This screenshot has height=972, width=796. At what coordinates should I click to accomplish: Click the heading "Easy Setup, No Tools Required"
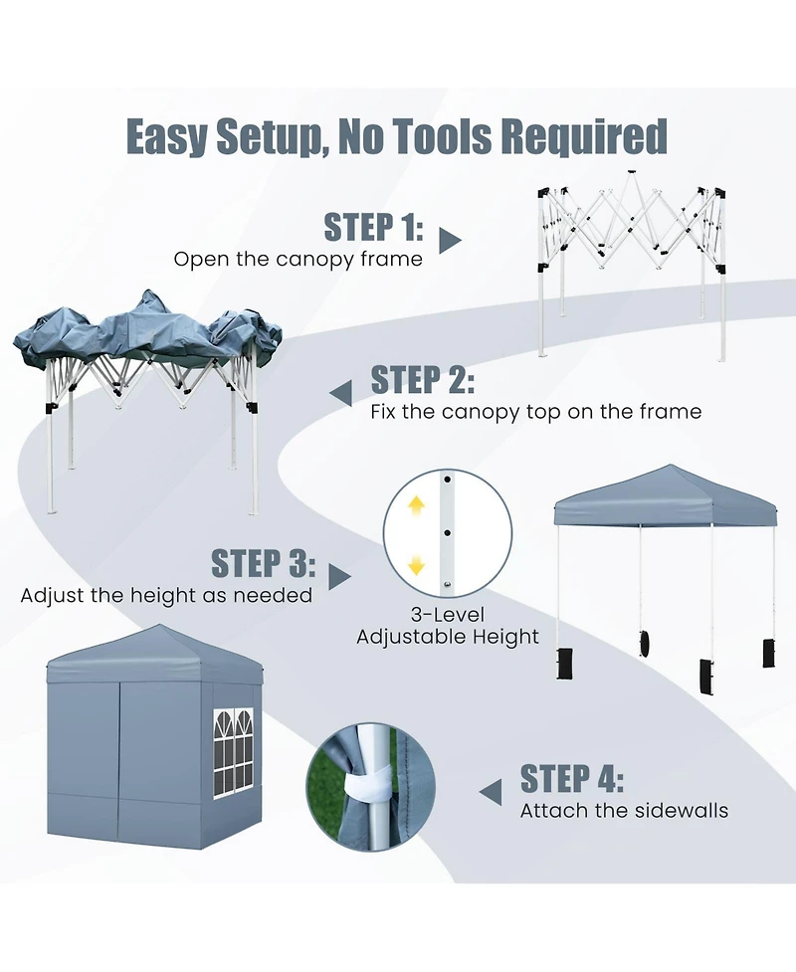(x=396, y=136)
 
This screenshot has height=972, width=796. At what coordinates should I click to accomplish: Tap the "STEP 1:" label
(x=374, y=228)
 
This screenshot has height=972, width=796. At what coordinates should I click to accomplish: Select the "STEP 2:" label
(x=422, y=380)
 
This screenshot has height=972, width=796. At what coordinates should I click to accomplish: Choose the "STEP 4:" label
(x=572, y=778)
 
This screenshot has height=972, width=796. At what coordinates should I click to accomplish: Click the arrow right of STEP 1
(x=451, y=240)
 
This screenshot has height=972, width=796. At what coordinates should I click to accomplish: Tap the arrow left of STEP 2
(x=340, y=392)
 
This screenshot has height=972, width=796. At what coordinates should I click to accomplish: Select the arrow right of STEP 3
(x=340, y=576)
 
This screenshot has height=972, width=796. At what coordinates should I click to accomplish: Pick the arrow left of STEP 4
(x=491, y=791)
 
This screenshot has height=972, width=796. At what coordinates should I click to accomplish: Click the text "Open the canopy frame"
(x=298, y=260)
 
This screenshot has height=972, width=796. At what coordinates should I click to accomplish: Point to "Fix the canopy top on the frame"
(x=535, y=412)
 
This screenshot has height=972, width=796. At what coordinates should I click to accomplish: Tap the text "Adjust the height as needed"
(x=166, y=596)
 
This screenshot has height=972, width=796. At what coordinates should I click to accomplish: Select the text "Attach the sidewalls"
(x=624, y=811)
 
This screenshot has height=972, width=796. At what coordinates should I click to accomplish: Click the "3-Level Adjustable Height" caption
(x=448, y=626)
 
